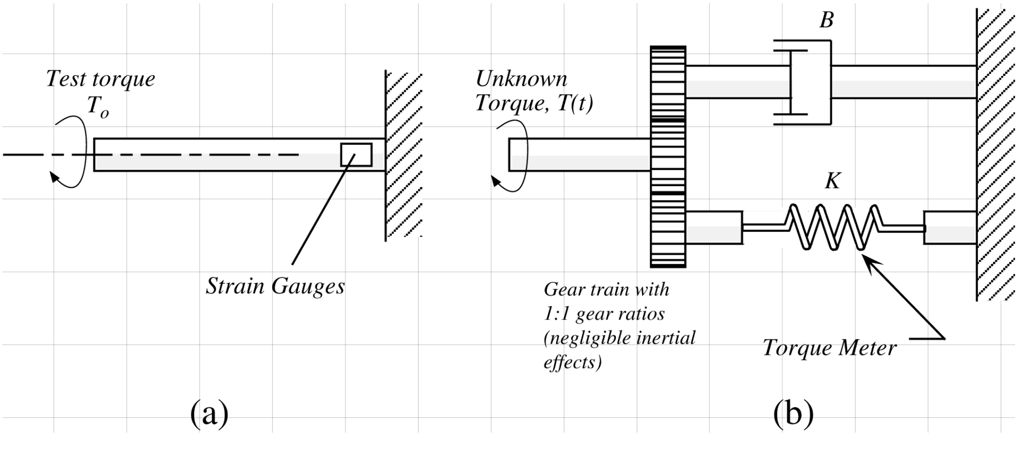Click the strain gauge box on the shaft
tap(356, 155)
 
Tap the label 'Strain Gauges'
tap(275, 287)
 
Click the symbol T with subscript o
tap(97, 107)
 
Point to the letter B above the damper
tap(826, 20)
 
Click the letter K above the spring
tap(832, 182)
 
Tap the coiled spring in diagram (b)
tap(833, 227)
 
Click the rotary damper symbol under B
tap(802, 82)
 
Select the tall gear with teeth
tap(668, 157)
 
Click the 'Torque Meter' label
tap(829, 348)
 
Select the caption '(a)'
tap(209, 413)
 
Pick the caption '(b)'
tap(793, 413)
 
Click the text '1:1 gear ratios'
tap(604, 314)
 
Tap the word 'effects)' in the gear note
tap(573, 363)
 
